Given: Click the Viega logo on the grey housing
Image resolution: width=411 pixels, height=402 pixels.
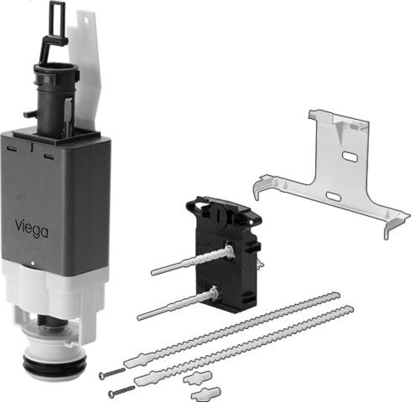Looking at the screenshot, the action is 31,229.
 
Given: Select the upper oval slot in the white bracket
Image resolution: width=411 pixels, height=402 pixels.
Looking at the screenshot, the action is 351,157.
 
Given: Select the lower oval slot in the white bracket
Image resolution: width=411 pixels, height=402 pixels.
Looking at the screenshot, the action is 334,196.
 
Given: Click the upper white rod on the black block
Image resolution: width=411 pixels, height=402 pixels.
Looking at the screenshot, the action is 192,260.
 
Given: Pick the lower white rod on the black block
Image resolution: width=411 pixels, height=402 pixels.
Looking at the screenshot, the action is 178,305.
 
